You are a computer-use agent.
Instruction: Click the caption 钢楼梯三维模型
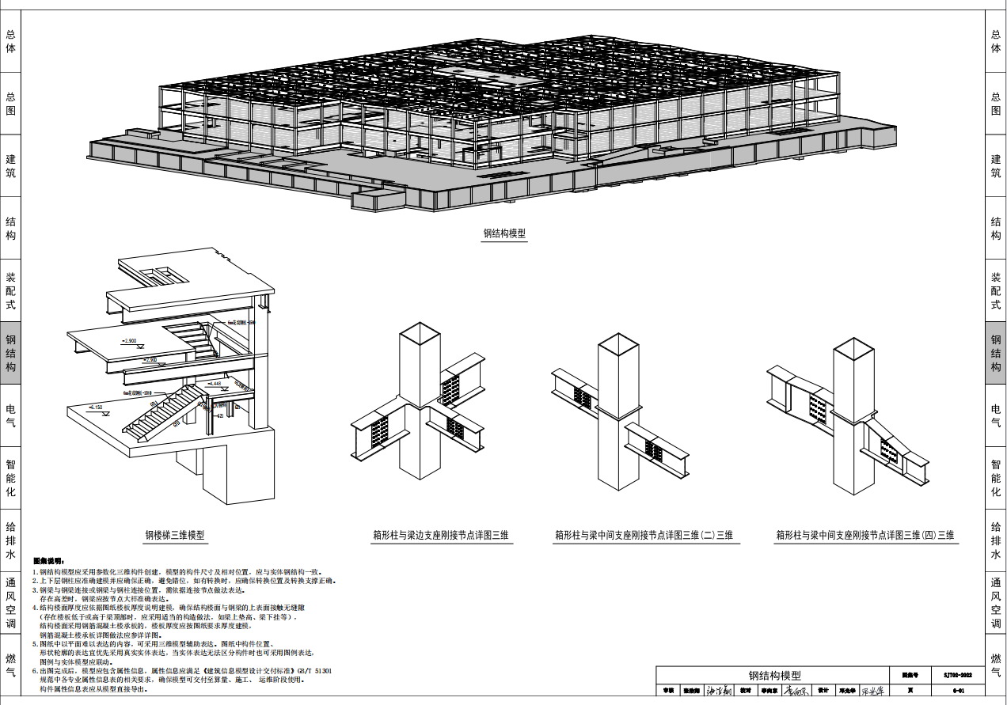click(174, 536)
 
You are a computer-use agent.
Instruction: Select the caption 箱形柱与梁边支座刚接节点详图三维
click(441, 536)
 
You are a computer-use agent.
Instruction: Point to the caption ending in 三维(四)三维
click(864, 536)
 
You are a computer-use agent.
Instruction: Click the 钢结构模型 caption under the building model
click(504, 234)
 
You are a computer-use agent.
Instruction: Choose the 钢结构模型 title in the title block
click(774, 676)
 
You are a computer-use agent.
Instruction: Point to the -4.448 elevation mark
click(212, 384)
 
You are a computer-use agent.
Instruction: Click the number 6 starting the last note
click(35, 670)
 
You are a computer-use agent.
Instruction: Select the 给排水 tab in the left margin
click(10, 540)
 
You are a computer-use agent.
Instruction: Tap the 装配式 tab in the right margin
click(996, 291)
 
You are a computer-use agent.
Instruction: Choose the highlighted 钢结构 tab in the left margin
click(10, 353)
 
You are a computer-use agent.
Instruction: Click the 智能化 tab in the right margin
click(996, 478)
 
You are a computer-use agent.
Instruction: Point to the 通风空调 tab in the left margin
click(10, 603)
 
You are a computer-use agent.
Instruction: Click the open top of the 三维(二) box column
click(618, 346)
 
